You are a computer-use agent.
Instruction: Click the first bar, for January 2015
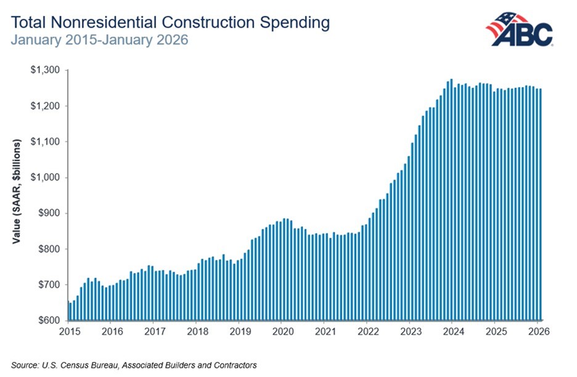[x=67, y=311]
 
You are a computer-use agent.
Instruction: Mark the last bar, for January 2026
[x=541, y=205]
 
